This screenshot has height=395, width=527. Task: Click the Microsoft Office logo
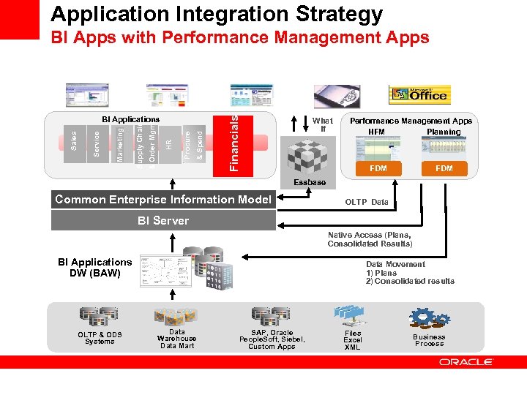418,94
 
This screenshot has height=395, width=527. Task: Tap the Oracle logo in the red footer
466,361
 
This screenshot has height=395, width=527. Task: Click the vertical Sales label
73,140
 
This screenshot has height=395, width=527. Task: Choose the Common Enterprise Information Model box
163,199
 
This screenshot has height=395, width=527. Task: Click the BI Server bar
163,220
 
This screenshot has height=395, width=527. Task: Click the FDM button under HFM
377,168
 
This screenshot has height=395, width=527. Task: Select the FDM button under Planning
444,168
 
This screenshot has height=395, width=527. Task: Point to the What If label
322,124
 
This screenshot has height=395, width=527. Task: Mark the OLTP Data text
367,202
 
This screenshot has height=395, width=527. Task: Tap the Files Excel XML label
353,340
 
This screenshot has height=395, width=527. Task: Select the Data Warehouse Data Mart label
176,339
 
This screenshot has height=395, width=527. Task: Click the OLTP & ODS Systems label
100,338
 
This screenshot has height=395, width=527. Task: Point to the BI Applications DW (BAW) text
95,268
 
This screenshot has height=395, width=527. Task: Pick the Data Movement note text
409,273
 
